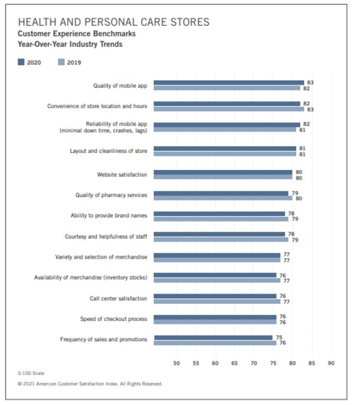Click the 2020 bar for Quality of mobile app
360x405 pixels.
tap(229, 83)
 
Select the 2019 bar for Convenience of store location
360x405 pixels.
tap(229, 109)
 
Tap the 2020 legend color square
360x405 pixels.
tap(21, 62)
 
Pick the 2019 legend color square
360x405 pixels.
tap(61, 62)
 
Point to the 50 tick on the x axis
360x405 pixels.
tap(177, 362)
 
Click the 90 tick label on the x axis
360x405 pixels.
tap(331, 362)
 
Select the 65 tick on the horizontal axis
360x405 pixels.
tap(235, 362)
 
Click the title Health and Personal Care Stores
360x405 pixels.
tap(113, 22)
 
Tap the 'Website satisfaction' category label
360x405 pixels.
tap(122, 174)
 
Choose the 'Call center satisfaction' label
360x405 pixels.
tap(118, 298)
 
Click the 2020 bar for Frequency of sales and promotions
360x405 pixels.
tap(213, 337)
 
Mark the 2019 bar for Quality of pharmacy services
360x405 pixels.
tap(223, 198)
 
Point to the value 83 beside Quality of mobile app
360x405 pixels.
tap(310, 82)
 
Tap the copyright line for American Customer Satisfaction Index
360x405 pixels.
tap(90, 384)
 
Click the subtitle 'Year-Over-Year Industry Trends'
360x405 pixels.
tap(70, 44)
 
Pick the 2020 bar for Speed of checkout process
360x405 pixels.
tap(215, 317)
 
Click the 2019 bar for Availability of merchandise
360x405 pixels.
tap(217, 280)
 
